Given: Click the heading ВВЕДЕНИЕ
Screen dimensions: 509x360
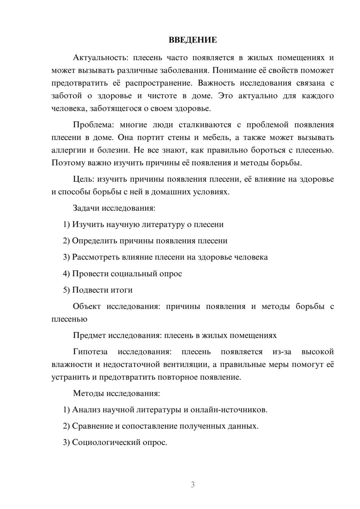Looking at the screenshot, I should click(193, 40).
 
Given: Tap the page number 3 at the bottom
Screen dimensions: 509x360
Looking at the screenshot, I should click(193, 485).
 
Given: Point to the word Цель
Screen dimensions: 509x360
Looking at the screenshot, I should click(84, 179).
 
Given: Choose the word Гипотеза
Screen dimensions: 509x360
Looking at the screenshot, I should click(90, 352).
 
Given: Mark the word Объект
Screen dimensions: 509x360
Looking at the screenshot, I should click(87, 306).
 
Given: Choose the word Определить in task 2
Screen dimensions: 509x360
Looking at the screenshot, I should click(93, 241).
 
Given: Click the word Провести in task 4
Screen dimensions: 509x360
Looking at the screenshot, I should click(90, 274).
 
